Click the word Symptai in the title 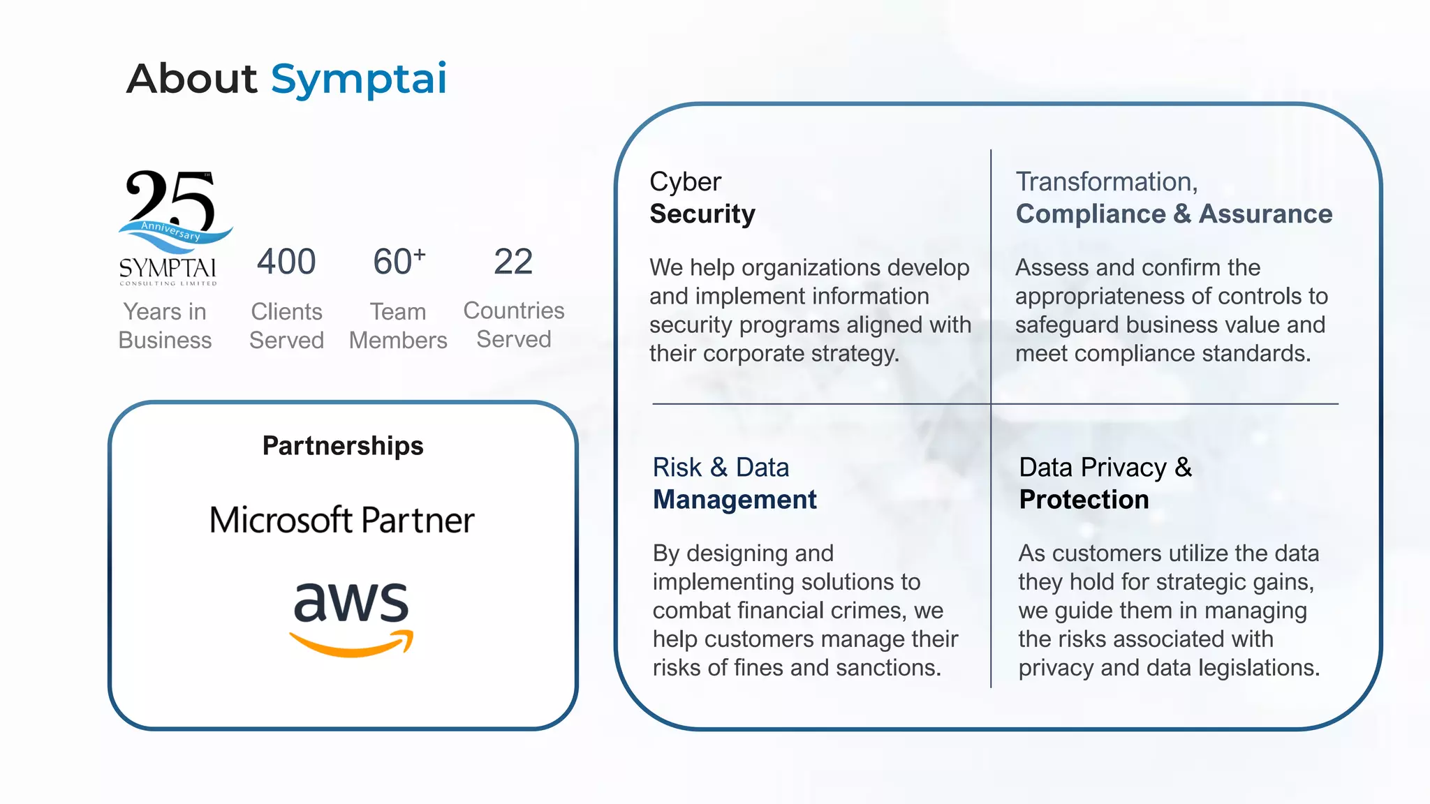coord(358,79)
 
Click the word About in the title coord(192,78)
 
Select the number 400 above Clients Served coord(286,262)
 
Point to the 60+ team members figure coord(399,262)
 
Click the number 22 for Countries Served coord(513,262)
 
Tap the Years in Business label coord(165,326)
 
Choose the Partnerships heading coord(343,446)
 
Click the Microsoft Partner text coord(341,521)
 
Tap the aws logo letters coord(351,602)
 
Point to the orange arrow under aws coord(351,643)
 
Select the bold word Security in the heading coord(702,214)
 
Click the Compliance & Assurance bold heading coord(1174,214)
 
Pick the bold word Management coord(735,500)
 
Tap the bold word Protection coord(1084,500)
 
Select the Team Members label coord(398,326)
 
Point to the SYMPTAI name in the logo coord(168,269)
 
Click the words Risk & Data coord(721,468)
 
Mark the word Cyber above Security coord(685,182)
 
